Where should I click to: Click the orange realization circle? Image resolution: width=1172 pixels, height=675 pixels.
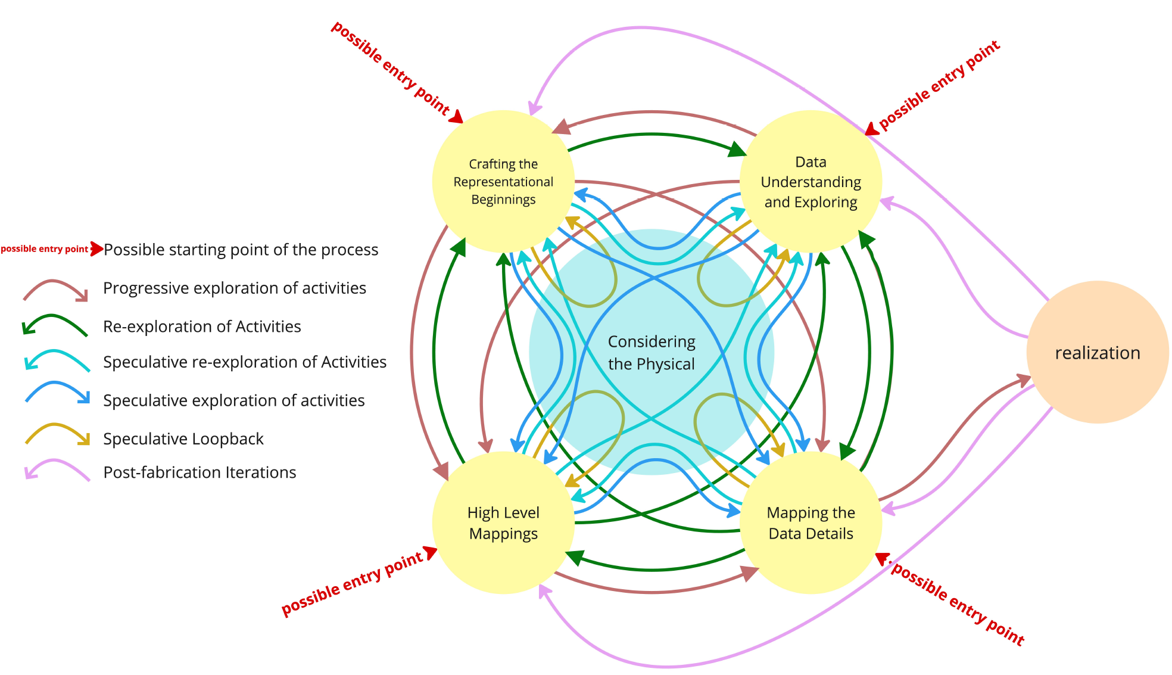pos(1097,353)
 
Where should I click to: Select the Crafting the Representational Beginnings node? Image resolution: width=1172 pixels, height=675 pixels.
pos(503,181)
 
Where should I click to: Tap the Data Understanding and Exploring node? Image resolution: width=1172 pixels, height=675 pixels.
pos(811,181)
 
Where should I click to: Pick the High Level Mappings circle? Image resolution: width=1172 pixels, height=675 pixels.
pos(503,523)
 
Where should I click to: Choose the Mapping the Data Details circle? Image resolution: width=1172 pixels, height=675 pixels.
pos(811,523)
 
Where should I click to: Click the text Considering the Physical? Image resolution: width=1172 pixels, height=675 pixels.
pos(651,353)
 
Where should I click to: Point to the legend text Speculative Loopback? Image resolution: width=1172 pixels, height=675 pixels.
pos(183,439)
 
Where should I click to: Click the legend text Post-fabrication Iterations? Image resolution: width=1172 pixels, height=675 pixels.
pos(200,472)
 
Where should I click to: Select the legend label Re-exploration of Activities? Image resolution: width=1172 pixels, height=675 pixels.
pos(202,326)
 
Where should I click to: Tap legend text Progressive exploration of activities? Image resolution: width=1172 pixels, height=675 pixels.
pos(235,288)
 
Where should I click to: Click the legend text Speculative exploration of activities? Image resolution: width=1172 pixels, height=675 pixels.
pos(233,400)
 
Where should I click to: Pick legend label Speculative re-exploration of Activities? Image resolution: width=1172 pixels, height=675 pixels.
pos(245,362)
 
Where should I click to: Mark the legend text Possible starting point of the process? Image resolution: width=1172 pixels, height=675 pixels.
pos(241,250)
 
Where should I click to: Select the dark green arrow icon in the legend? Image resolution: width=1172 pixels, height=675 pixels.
pos(55,325)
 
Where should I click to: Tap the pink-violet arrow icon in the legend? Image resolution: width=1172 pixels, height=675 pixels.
pos(57,469)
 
